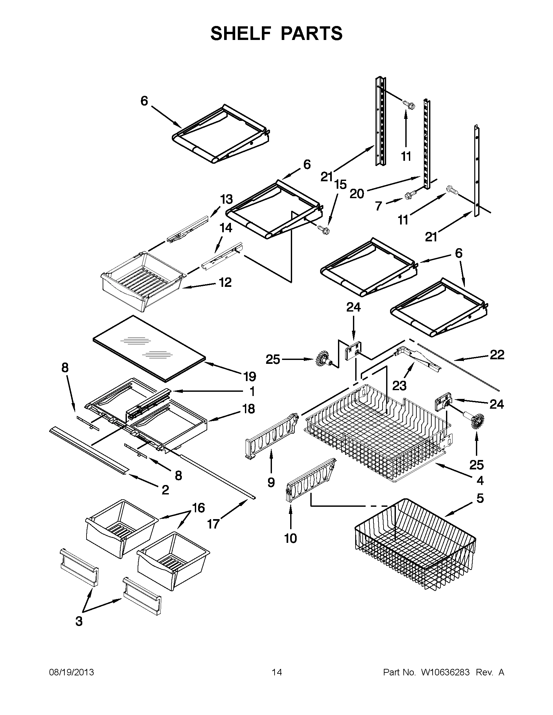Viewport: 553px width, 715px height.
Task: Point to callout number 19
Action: click(250, 377)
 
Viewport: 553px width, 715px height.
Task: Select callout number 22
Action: click(497, 355)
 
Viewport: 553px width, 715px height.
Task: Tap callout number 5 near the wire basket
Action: click(480, 498)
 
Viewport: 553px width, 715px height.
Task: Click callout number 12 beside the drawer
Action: click(225, 282)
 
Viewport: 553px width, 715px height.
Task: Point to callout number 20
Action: click(357, 194)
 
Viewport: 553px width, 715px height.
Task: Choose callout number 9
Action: click(271, 482)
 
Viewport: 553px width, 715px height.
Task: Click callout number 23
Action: click(399, 386)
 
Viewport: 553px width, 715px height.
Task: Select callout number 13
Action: click(226, 199)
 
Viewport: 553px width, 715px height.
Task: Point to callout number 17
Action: click(213, 524)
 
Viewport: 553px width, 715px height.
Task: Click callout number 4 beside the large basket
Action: click(480, 480)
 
